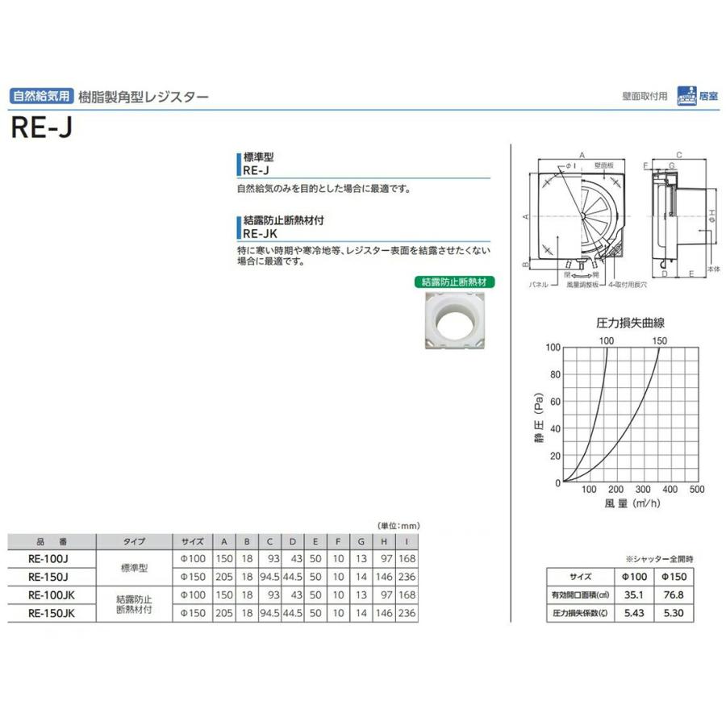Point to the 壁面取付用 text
(645, 96)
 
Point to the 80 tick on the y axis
(553, 374)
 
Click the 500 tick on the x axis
(697, 490)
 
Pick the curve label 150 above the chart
(659, 340)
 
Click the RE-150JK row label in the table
(51, 612)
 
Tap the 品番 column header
(51, 542)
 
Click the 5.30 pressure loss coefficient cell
(678, 613)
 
